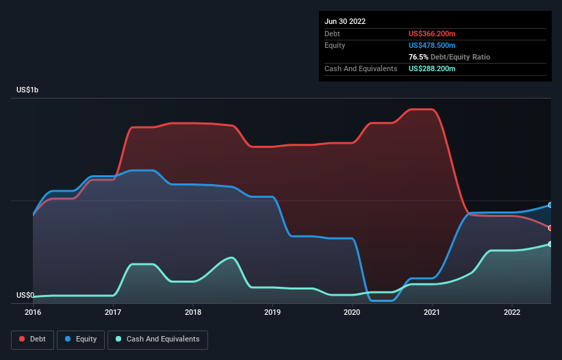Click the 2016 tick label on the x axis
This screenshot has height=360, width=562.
[33, 312]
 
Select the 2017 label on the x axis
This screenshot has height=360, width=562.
[113, 312]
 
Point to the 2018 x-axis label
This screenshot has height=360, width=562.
[192, 312]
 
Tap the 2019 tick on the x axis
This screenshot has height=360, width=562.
[272, 312]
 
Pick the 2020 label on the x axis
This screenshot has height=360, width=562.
[352, 312]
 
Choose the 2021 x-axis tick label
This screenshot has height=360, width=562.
[432, 312]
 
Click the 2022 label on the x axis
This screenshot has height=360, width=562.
[511, 312]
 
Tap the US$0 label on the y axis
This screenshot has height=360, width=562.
[25, 295]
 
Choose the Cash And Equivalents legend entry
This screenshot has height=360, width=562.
[157, 339]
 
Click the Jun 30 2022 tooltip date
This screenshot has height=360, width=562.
[345, 21]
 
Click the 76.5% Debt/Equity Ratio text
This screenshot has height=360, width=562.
[449, 57]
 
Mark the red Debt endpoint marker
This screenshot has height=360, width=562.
[550, 228]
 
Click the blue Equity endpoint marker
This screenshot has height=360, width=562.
[550, 205]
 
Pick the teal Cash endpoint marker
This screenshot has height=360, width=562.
[550, 244]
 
